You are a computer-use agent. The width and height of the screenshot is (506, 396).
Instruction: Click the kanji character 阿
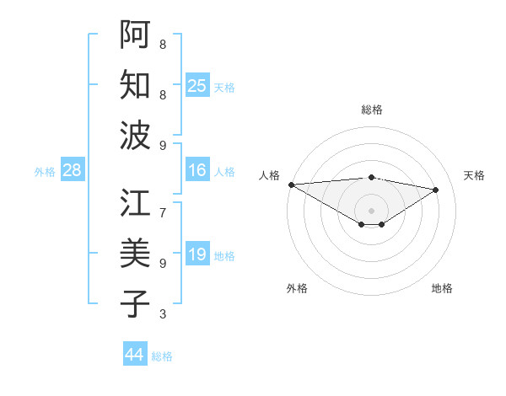(135, 33)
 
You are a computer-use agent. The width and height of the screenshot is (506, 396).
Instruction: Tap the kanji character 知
(135, 85)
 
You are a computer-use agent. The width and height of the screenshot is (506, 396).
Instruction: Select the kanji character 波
(135, 136)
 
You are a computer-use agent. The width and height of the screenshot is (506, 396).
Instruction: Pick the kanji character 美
(135, 254)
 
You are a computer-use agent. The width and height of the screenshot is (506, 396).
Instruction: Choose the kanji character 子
(135, 304)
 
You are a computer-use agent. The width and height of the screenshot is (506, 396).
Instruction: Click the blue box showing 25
(196, 85)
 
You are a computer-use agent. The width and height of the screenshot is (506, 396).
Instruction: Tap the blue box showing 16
(196, 170)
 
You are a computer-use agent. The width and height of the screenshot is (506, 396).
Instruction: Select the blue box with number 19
(196, 254)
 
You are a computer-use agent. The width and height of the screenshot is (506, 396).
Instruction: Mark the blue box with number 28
(72, 170)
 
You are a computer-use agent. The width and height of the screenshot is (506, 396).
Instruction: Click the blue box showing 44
(134, 355)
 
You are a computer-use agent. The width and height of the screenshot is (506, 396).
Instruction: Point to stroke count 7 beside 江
(163, 203)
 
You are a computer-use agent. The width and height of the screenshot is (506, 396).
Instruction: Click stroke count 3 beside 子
(163, 314)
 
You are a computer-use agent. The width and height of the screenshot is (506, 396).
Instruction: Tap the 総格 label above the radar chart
(372, 110)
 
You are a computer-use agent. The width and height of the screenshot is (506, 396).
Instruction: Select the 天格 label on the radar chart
(474, 175)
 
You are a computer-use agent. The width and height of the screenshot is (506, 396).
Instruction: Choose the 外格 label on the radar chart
(297, 288)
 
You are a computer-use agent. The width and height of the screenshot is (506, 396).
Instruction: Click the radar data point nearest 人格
(291, 185)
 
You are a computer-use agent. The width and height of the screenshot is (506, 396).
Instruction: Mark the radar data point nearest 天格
(436, 190)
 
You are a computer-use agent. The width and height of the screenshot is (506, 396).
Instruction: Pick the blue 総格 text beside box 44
(162, 356)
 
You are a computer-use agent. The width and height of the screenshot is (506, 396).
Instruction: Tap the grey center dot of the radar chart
(371, 209)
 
